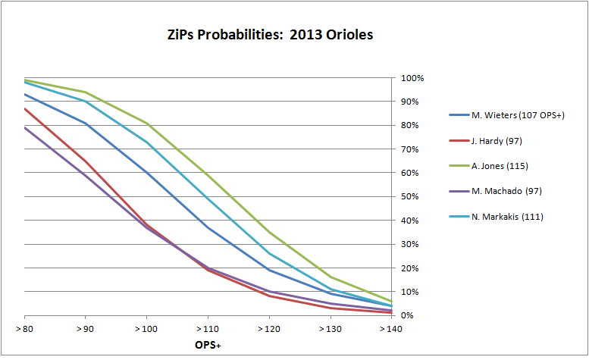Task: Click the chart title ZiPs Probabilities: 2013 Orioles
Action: pyautogui.click(x=269, y=35)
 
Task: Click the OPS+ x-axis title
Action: pyautogui.click(x=208, y=346)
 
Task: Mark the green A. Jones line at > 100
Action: pyautogui.click(x=147, y=124)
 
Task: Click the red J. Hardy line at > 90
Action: pyautogui.click(x=86, y=161)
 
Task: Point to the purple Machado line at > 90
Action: pyautogui.click(x=86, y=175)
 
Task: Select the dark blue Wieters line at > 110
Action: pyautogui.click(x=208, y=227)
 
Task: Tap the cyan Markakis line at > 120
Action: pyautogui.click(x=269, y=253)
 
